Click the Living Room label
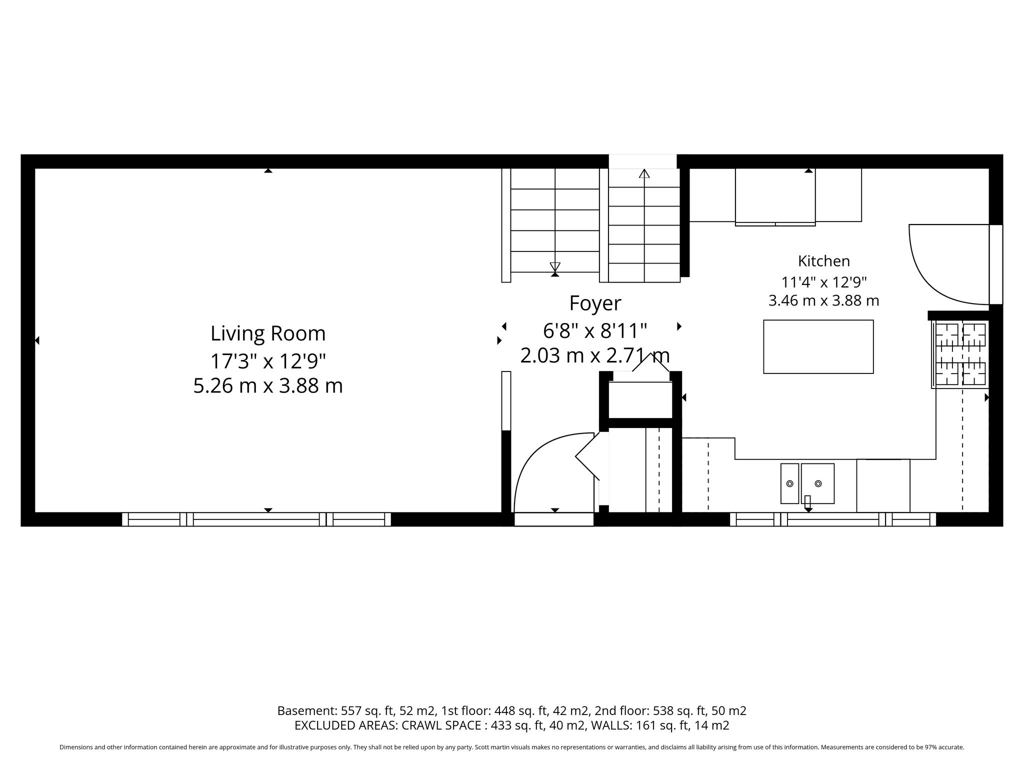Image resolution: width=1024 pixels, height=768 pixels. click(268, 333)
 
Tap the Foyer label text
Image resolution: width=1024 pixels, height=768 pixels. click(595, 303)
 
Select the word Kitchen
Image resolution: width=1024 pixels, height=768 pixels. click(823, 261)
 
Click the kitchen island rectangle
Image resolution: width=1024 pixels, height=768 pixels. click(818, 346)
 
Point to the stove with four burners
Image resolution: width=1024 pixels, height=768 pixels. click(960, 354)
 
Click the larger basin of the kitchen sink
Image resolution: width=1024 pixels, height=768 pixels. click(817, 483)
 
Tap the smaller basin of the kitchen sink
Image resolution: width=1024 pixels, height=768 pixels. click(790, 483)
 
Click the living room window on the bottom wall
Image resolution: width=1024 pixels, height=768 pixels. click(256, 519)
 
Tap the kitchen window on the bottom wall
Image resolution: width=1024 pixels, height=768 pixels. click(833, 519)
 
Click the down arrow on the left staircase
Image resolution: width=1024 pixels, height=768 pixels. click(555, 267)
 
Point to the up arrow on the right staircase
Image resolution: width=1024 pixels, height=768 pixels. click(644, 173)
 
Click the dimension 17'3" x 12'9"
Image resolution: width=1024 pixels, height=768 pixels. click(268, 360)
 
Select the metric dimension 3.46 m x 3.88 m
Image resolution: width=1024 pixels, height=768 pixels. click(823, 301)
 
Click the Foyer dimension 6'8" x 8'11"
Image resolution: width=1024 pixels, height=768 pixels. click(595, 330)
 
